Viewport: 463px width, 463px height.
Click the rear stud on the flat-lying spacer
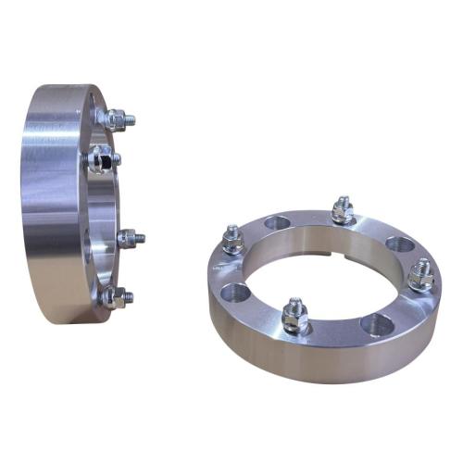tap(342, 211)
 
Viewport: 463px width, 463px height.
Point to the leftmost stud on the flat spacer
tap(231, 241)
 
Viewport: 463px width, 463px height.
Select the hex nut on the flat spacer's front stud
tap(294, 317)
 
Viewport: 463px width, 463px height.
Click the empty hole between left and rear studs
tap(277, 223)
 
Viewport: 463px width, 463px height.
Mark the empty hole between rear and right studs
tap(399, 244)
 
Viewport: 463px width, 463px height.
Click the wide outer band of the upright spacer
tap(46, 204)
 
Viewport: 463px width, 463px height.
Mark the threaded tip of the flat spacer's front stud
tap(294, 304)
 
